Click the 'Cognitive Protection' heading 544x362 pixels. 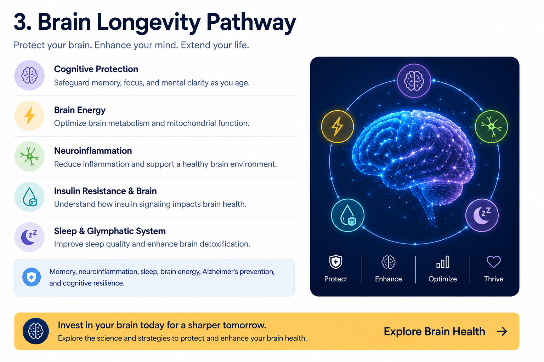click(96, 69)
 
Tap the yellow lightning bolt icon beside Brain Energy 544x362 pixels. click(29, 116)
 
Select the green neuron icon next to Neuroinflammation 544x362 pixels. click(29, 156)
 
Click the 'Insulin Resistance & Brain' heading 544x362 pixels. click(106, 191)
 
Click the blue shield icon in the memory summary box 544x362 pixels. click(32, 277)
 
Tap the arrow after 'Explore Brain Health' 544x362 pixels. click(502, 331)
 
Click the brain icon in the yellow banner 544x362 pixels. click(36, 331)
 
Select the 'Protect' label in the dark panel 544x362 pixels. click(336, 279)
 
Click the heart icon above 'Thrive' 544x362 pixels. click(494, 262)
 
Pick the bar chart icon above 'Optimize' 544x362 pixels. click(443, 262)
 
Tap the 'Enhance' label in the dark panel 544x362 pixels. click(389, 279)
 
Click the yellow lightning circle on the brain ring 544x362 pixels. click(337, 126)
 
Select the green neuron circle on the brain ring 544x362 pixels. click(491, 126)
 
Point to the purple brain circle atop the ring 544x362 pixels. click(414, 81)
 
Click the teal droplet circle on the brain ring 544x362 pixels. click(348, 215)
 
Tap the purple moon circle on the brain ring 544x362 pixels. click(482, 215)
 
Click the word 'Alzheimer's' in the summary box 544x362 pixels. click(220, 271)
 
